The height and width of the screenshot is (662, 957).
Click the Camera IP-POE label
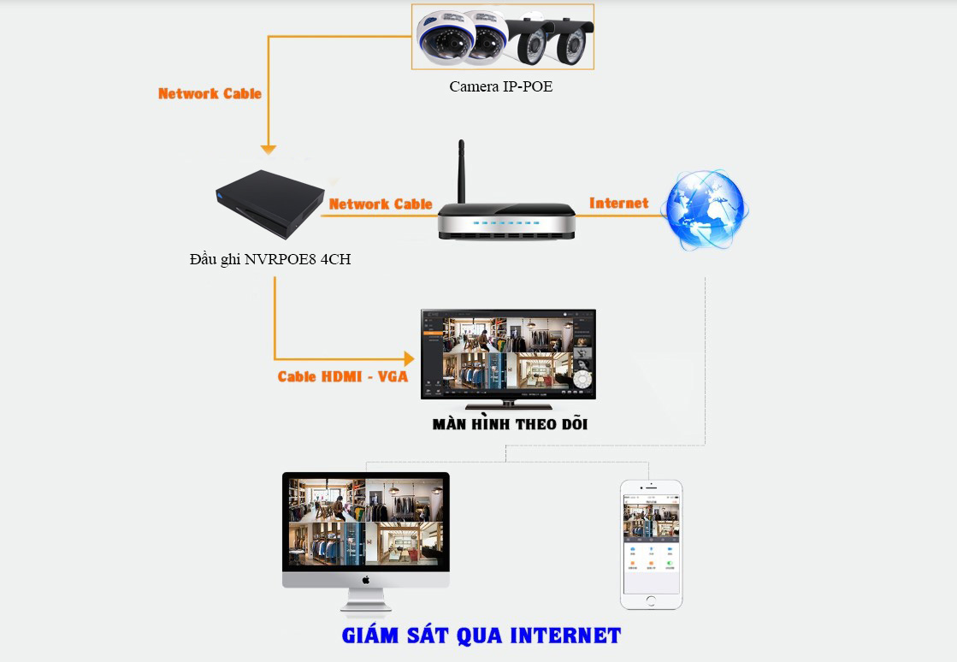click(x=501, y=86)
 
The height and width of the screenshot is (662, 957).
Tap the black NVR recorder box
click(x=269, y=202)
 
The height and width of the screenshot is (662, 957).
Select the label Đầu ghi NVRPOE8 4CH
click(x=270, y=260)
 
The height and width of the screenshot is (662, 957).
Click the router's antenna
click(x=461, y=171)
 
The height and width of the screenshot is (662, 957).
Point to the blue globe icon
click(x=706, y=210)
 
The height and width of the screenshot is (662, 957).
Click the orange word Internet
click(x=618, y=203)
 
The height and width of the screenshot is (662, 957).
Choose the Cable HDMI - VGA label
click(x=343, y=376)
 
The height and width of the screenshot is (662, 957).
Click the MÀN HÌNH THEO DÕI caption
click(x=510, y=424)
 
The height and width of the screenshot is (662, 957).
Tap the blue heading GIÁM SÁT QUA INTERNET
click(x=481, y=635)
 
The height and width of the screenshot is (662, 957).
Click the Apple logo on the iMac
click(x=366, y=579)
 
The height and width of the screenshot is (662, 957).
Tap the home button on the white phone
click(x=651, y=600)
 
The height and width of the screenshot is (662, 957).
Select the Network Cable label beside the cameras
click(x=210, y=93)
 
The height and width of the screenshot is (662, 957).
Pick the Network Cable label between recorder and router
click(x=381, y=204)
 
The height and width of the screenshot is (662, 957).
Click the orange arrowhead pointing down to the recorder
click(x=269, y=150)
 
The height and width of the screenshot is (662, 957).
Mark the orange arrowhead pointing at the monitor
click(x=408, y=358)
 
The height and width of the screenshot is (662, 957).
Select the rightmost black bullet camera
click(x=568, y=39)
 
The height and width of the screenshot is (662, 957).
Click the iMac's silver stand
click(x=366, y=601)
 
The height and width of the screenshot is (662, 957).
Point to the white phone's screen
click(x=651, y=544)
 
